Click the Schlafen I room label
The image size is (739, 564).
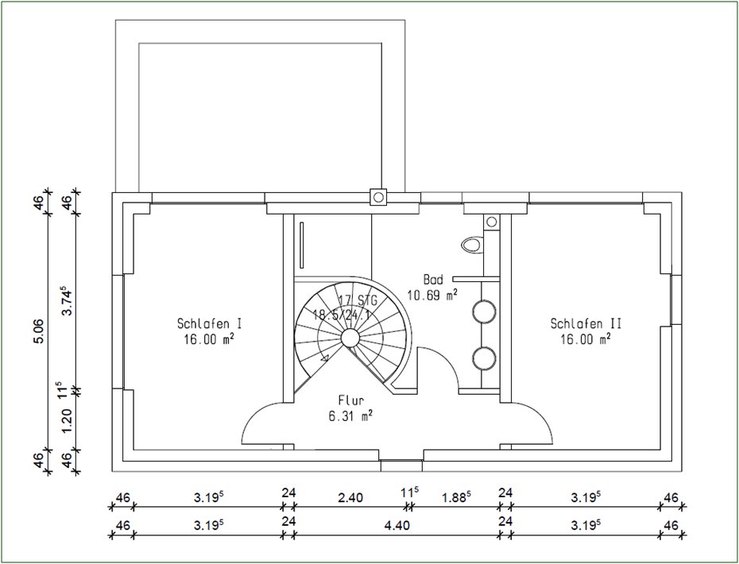click(210, 323)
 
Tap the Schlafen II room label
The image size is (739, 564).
click(586, 323)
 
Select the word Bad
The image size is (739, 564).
click(433, 280)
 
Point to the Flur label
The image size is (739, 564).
click(351, 400)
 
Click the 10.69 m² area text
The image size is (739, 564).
click(432, 296)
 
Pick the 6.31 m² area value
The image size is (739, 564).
click(351, 415)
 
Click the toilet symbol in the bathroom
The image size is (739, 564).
click(472, 244)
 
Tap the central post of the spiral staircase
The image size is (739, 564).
click(350, 338)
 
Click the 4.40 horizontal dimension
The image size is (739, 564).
click(397, 525)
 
